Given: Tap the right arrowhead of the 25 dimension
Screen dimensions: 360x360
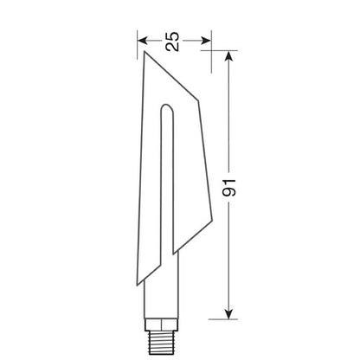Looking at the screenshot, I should click(208, 39).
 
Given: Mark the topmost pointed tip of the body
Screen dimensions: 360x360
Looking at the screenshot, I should click(145, 52).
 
